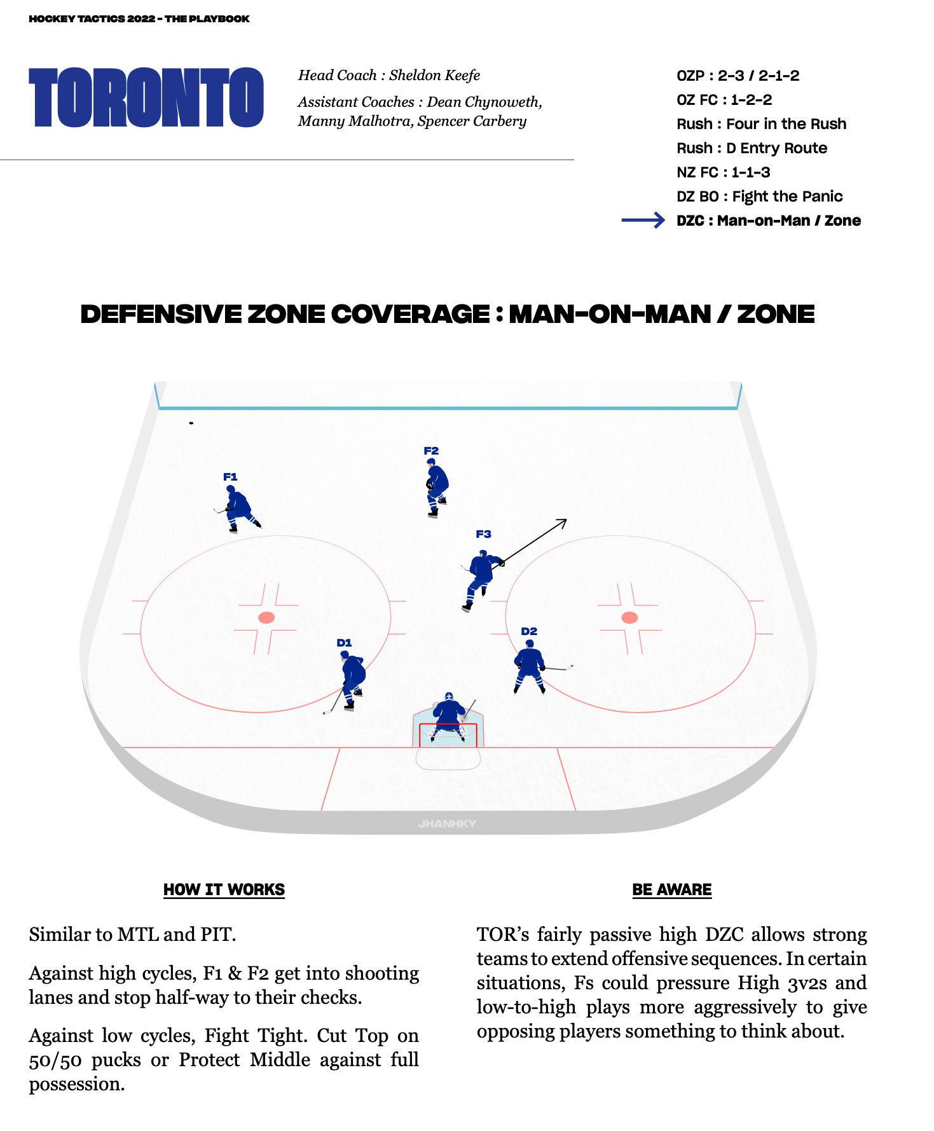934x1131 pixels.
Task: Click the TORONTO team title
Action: coord(146,97)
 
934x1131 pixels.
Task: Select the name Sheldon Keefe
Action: coord(434,75)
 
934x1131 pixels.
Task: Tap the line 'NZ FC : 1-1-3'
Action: coord(723,172)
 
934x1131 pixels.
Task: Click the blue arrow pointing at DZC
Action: coord(643,221)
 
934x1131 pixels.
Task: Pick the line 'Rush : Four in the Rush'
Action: coord(761,124)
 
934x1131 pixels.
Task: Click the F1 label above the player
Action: coord(230,477)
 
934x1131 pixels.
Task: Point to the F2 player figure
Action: coord(436,486)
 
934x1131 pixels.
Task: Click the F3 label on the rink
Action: coord(483,534)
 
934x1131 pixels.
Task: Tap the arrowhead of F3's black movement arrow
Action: coord(563,522)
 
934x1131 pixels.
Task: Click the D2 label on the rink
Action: coord(529,631)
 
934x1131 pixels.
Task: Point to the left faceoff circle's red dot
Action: coord(266,617)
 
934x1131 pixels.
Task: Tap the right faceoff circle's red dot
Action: coord(629,617)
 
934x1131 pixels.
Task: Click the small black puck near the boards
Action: coord(191,423)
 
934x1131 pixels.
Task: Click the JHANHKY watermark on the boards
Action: coord(447,823)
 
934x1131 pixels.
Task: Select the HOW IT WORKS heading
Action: coord(224,889)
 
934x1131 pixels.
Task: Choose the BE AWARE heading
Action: coord(671,889)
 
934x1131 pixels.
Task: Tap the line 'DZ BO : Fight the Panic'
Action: coord(759,196)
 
